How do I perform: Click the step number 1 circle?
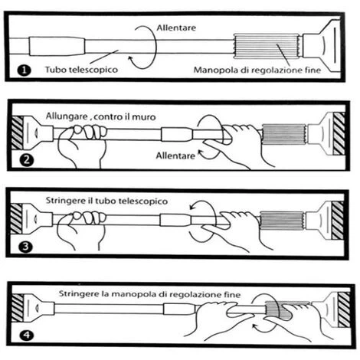pos(25,70)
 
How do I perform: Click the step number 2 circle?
pos(27,160)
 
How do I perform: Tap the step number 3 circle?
pos(26,247)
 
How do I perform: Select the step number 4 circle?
pos(27,335)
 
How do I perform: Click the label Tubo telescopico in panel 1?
pos(81,70)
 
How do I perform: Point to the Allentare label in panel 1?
pos(176,28)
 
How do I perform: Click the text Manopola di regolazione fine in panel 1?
pos(257,70)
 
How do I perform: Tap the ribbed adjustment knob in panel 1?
pos(267,47)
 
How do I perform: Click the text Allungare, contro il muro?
pos(101,116)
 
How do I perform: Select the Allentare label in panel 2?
pos(175,155)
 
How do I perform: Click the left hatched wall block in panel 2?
pos(17,133)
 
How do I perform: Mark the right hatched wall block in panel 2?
pos(339,133)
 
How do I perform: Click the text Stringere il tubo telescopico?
pos(106,201)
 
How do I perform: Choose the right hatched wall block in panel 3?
pos(338,220)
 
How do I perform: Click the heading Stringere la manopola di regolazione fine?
pos(149,294)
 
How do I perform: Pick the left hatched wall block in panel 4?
pos(18,307)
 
